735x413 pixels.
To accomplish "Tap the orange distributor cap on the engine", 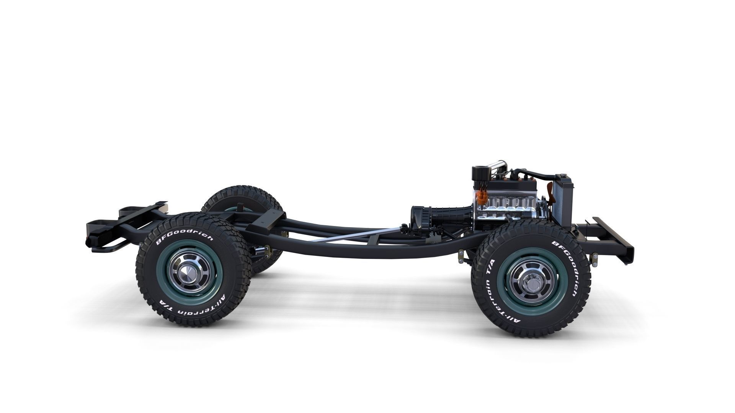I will (x=483, y=197).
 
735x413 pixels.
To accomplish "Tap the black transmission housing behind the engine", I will (x=444, y=218).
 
